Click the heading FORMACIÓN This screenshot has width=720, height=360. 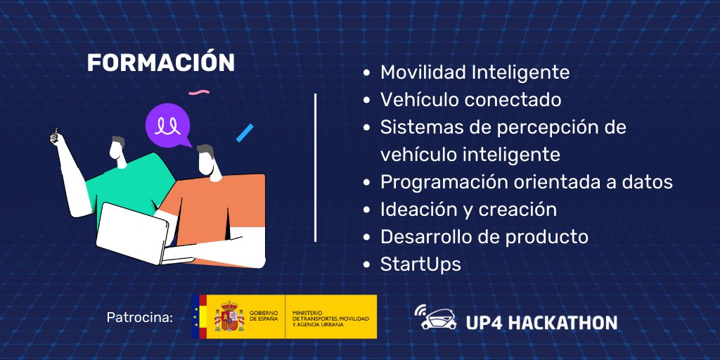160,63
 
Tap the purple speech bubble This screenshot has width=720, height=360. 169,125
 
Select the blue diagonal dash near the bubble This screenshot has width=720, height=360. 245,133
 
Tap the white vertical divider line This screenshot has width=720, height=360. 315,167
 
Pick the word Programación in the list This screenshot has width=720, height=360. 446,182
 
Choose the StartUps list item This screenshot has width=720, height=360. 420,264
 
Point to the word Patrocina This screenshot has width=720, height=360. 139,317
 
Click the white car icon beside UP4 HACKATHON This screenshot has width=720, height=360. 436,318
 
